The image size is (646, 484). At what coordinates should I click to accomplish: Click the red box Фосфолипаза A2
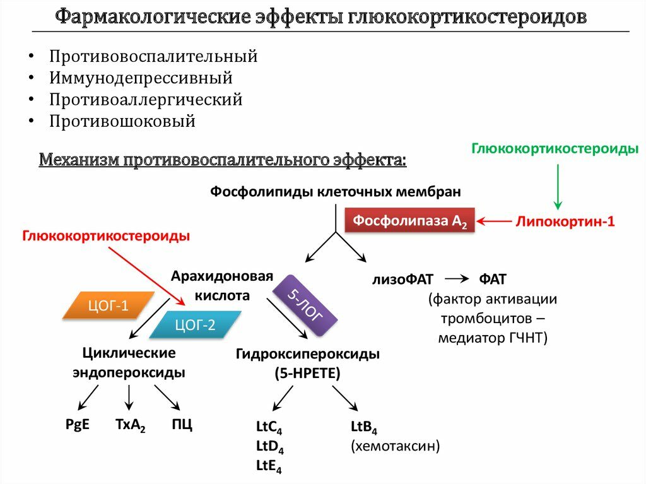410,221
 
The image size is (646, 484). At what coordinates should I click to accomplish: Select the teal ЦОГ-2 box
195,326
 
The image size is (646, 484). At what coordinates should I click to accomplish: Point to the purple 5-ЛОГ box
305,305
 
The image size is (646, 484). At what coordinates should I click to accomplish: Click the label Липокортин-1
565,221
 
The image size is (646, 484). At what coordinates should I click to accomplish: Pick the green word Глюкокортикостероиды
555,148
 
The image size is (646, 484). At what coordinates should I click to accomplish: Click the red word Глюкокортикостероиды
107,236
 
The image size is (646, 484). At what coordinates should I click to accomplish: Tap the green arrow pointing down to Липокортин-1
557,186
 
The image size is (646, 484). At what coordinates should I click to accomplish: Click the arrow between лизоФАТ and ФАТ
456,279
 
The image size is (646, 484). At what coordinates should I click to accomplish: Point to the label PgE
77,424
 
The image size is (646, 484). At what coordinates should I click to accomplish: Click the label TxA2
130,425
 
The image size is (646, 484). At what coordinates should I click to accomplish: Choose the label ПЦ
182,424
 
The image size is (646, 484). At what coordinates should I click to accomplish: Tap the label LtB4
363,428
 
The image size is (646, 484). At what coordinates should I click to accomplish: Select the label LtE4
269,466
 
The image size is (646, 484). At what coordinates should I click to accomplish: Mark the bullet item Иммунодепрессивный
141,78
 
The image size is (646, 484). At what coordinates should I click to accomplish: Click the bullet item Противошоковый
122,121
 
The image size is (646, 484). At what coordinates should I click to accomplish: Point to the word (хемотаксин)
395,446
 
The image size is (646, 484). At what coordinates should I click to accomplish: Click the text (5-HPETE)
307,373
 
